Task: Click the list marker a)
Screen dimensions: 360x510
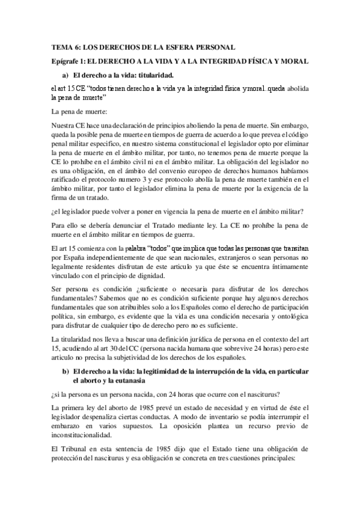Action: pos(66,75)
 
